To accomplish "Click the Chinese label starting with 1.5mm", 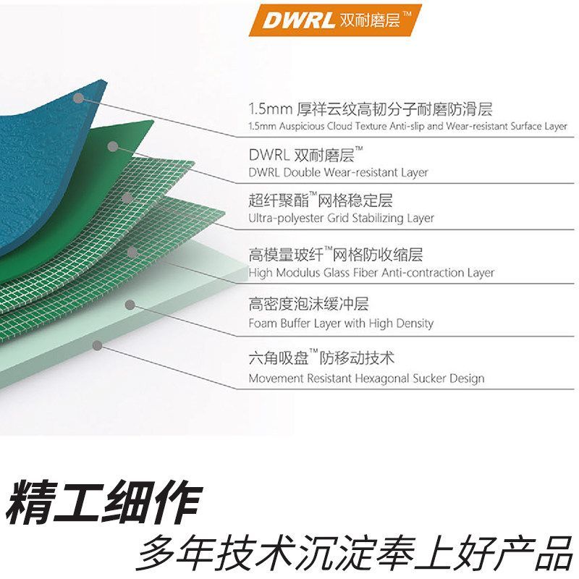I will pos(370,109).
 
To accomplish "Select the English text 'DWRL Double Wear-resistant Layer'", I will pos(338,172).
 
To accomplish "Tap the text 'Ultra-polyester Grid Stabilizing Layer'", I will pos(341,218).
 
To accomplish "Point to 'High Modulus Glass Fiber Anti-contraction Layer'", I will pos(371,273).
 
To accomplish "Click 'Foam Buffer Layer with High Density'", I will pos(341,323).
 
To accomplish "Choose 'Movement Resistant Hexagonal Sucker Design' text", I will pos(366,378).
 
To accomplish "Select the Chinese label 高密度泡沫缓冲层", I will pos(308,305).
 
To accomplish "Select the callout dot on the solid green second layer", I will pos(112,146).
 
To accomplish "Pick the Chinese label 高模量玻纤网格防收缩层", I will pos(335,255).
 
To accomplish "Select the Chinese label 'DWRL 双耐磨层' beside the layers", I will pos(305,155).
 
